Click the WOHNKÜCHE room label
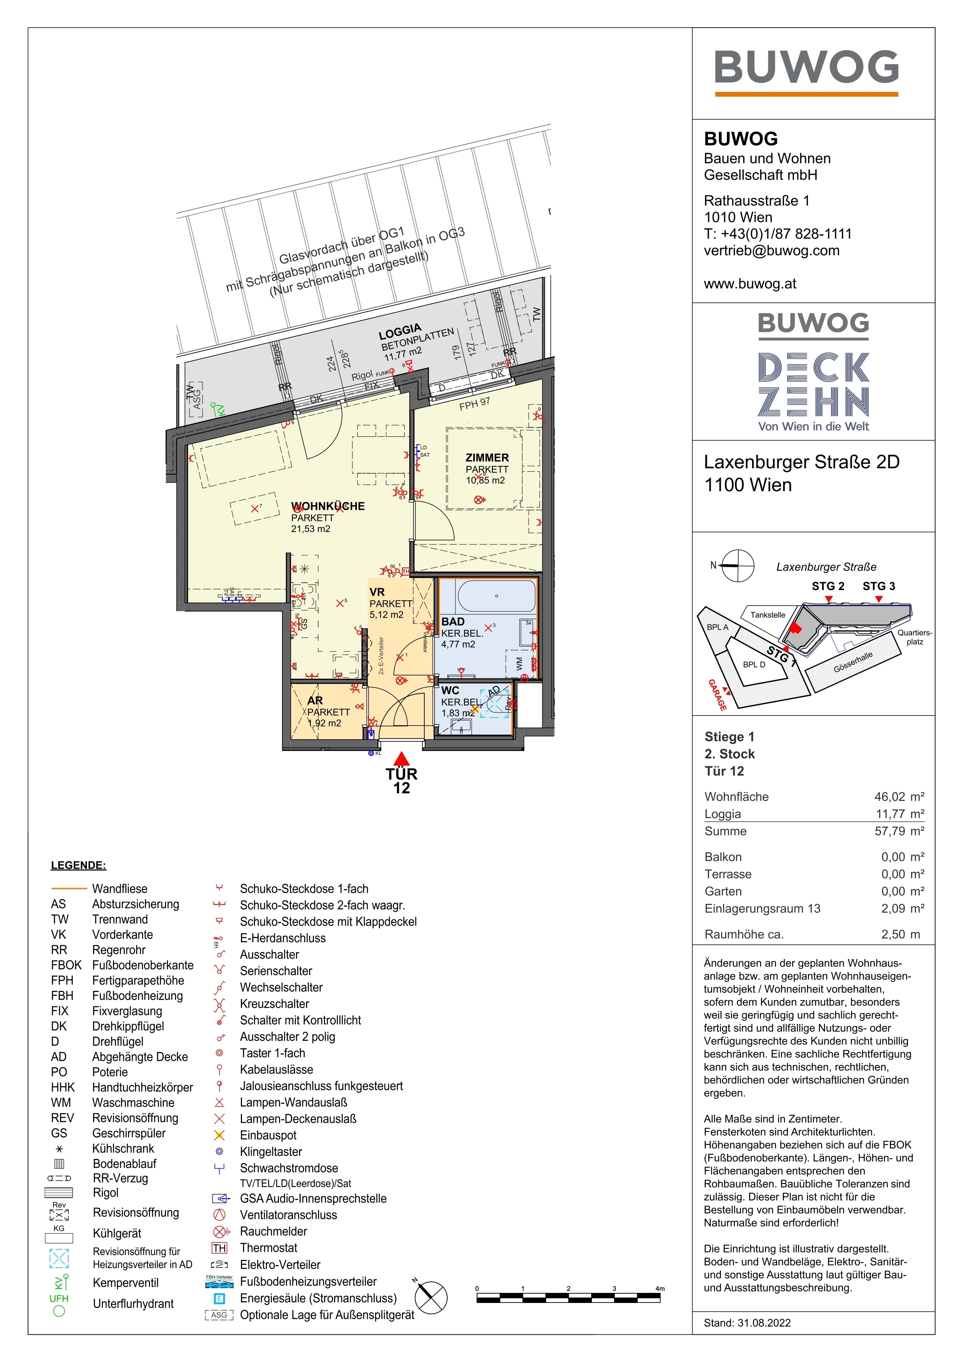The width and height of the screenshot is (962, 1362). [328, 506]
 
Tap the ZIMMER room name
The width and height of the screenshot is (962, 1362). [487, 457]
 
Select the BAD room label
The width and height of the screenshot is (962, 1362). [453, 621]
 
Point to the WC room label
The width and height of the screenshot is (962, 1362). [450, 690]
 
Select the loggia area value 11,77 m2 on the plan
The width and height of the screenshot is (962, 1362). [403, 354]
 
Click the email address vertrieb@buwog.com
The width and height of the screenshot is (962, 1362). [771, 250]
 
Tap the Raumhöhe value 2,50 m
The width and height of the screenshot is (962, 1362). [900, 934]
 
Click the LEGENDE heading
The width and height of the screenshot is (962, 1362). [78, 865]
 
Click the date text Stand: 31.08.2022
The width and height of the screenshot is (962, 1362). [747, 1323]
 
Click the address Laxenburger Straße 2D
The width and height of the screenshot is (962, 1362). [801, 462]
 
